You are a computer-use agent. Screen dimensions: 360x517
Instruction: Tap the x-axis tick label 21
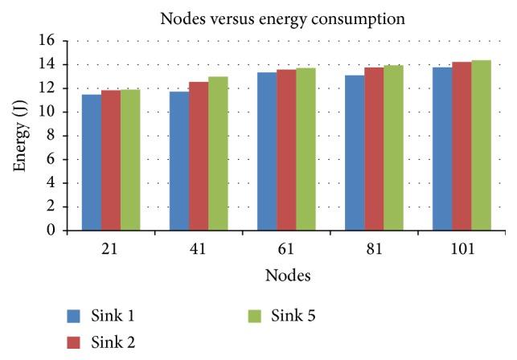(111, 248)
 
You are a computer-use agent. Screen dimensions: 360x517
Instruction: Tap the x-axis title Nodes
(289, 275)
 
